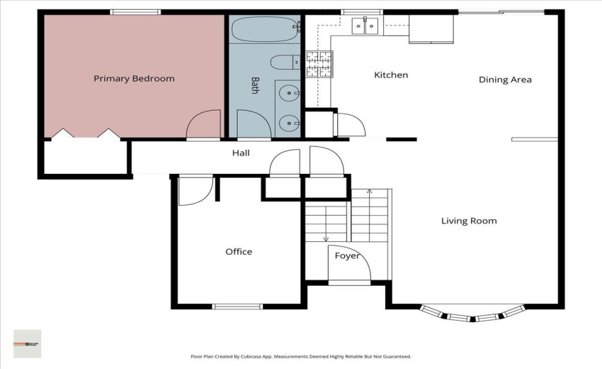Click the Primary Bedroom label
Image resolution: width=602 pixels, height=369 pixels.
coord(134,79)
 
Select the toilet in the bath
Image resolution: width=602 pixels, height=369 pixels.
coord(285,63)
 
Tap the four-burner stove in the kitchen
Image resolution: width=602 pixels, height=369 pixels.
coord(319,64)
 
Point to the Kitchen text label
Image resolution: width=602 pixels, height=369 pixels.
coord(391,75)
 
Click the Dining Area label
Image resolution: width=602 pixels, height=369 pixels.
coord(505,79)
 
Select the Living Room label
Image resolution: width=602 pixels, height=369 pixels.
coord(469,221)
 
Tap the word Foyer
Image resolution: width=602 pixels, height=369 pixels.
coord(347,256)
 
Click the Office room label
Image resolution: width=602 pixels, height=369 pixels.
coord(239,252)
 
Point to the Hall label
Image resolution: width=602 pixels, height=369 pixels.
coord(241,153)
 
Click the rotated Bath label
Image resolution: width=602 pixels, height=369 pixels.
coord(254,86)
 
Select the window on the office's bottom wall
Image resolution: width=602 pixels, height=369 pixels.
coord(237,307)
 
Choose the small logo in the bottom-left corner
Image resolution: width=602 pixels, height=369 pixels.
coord(28,343)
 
